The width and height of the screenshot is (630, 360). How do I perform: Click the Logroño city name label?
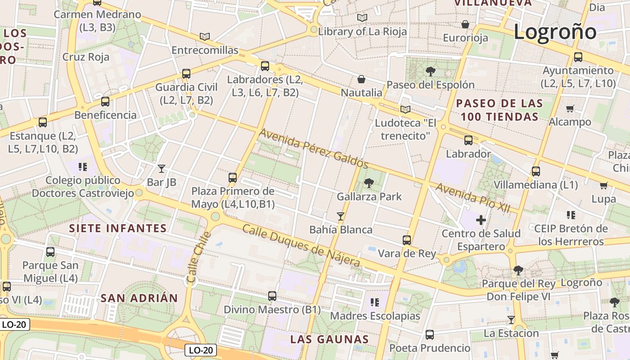click(555, 32)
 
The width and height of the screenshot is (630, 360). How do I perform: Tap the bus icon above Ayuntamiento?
click(578, 57)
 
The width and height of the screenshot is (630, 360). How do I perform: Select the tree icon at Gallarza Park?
click(369, 183)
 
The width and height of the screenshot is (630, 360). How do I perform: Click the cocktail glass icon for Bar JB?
click(162, 169)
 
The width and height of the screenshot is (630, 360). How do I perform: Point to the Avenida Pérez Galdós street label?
click(314, 148)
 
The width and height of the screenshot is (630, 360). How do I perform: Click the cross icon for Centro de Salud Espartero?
click(481, 220)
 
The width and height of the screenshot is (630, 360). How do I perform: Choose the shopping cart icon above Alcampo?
click(570, 108)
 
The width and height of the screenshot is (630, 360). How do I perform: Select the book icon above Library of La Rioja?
click(362, 18)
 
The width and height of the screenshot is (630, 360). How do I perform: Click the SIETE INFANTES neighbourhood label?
click(118, 228)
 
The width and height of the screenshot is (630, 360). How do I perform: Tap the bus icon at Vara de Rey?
click(407, 240)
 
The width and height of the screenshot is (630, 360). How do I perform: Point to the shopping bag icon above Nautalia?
click(361, 80)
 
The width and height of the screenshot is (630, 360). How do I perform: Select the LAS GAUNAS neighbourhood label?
click(329, 339)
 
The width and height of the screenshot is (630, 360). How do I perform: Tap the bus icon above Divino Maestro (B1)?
click(272, 296)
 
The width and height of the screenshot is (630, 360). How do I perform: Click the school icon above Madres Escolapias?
click(374, 302)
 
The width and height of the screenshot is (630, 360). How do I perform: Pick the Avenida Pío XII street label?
click(472, 198)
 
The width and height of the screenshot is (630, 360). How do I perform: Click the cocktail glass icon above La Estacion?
click(511, 320)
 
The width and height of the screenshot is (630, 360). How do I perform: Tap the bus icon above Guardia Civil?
click(186, 74)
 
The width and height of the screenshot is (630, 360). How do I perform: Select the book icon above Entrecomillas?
click(205, 36)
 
